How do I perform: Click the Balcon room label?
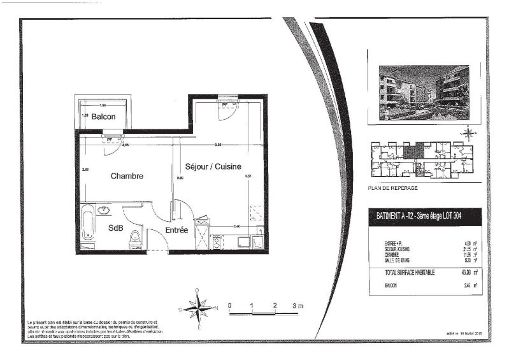click(x=103, y=117)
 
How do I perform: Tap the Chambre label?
click(x=127, y=176)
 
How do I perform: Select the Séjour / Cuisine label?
click(x=213, y=166)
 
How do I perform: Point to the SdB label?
click(x=115, y=228)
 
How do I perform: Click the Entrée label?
click(x=176, y=230)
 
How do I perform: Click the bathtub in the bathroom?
click(x=87, y=222)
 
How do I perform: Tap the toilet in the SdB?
click(x=135, y=238)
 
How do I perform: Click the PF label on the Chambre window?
click(x=110, y=138)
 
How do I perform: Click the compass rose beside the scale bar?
click(x=199, y=309)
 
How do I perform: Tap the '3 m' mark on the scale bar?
click(x=297, y=306)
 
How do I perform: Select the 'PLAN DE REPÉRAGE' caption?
click(x=392, y=189)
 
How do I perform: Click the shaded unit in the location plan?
click(x=413, y=152)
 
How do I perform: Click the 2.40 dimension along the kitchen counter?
click(x=236, y=226)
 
